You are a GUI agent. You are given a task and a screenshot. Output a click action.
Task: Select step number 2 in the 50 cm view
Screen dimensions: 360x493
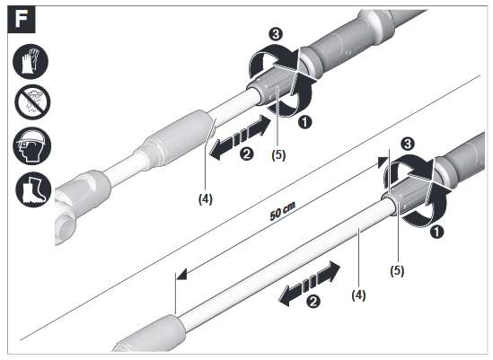(313, 301)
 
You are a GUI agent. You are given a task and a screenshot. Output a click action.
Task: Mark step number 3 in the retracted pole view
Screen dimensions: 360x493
(277, 32)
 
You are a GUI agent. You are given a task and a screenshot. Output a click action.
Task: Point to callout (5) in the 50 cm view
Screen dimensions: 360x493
(396, 268)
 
